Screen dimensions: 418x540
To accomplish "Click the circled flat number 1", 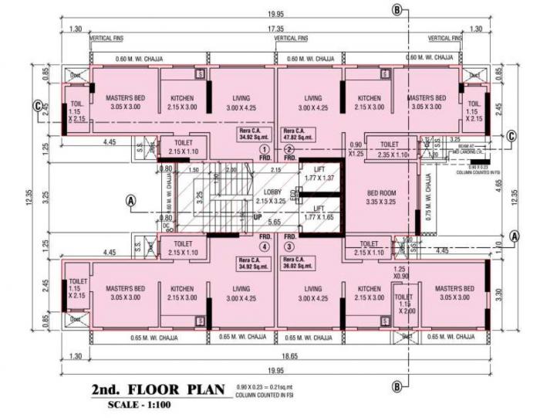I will (264, 149).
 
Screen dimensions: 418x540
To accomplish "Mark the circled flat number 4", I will (264, 247).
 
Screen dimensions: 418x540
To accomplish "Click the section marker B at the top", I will (397, 9).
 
